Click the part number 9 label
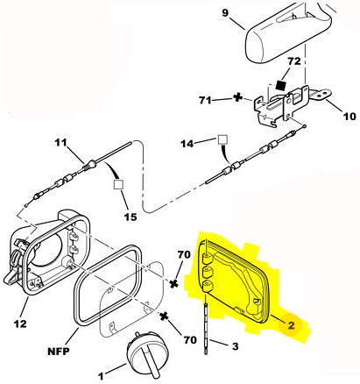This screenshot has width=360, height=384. pyautogui.click(x=225, y=14)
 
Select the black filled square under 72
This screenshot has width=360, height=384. pyautogui.click(x=280, y=85)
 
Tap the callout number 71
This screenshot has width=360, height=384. pyautogui.click(x=206, y=100)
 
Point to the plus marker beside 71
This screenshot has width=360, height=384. pyautogui.click(x=237, y=97)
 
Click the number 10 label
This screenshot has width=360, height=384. pyautogui.click(x=349, y=117)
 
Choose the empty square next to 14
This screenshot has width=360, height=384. pyautogui.click(x=223, y=140)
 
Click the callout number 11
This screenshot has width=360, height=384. pyautogui.click(x=60, y=143)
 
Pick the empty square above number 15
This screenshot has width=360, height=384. pyautogui.click(x=118, y=184)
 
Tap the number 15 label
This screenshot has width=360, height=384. pyautogui.click(x=131, y=217)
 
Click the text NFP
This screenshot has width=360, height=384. pyautogui.click(x=59, y=351)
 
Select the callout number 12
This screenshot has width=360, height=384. pyautogui.click(x=20, y=324)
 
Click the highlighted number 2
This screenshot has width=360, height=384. pyautogui.click(x=292, y=325)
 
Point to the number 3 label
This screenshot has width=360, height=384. pyautogui.click(x=235, y=346)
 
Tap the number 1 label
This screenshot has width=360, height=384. pyautogui.click(x=101, y=376)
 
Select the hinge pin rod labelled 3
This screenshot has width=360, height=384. pyautogui.click(x=206, y=328)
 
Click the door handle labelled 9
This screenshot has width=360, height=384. pyautogui.click(x=287, y=32)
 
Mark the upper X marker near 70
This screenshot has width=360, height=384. pyautogui.click(x=174, y=283)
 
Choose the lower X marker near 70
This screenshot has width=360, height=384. pyautogui.click(x=164, y=316)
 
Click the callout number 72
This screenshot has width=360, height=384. pyautogui.click(x=294, y=61)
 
